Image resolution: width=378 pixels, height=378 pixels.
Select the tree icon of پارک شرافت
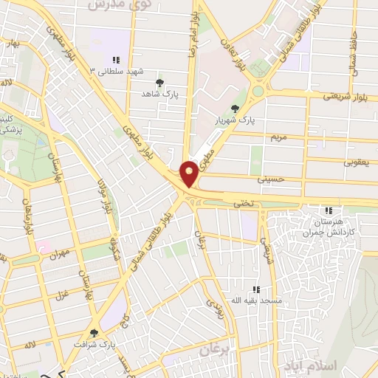pyautogui.click(x=94, y=333)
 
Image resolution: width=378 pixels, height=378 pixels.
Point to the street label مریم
pyautogui.click(x=279, y=138)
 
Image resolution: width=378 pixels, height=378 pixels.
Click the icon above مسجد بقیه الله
pyautogui.click(x=256, y=289)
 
